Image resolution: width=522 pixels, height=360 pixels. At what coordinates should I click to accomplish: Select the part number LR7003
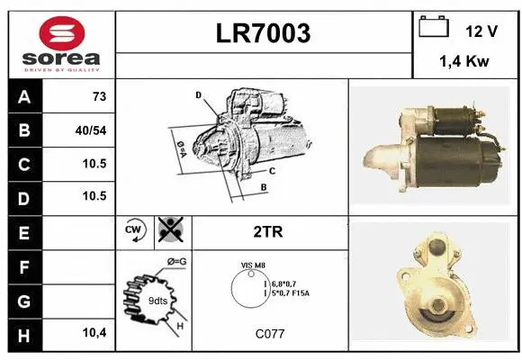tap(264, 34)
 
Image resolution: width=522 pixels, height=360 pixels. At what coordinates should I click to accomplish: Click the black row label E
tap(23, 232)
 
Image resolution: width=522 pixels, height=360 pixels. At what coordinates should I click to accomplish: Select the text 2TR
tap(269, 231)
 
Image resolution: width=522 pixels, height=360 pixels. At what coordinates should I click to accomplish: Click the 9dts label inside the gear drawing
tap(158, 300)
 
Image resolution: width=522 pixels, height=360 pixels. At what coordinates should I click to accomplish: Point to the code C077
tap(269, 334)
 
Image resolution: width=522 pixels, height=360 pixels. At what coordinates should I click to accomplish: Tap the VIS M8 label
tap(254, 265)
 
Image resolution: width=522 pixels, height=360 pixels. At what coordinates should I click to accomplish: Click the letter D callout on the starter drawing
tap(198, 94)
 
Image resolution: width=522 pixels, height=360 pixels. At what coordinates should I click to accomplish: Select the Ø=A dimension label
tap(180, 148)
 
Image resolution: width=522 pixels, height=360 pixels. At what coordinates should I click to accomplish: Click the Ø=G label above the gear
tap(176, 261)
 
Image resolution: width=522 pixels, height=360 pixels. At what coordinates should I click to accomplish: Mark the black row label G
tap(23, 300)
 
